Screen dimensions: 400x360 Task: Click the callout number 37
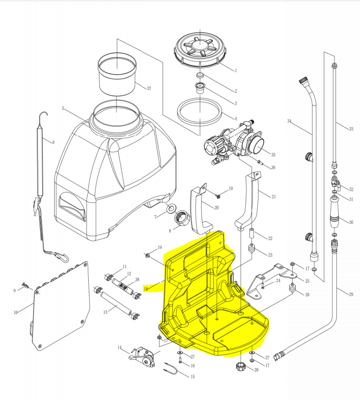(148, 88)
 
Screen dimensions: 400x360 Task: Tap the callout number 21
(274, 197)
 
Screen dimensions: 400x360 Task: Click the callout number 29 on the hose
(351, 295)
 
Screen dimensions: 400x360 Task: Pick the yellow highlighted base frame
(214, 296)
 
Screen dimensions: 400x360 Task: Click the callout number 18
(146, 289)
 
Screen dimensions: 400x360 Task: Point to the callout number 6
(53, 142)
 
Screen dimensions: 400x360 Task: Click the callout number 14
(120, 348)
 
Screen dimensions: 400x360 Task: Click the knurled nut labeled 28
(241, 367)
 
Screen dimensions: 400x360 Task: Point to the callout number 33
(351, 129)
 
